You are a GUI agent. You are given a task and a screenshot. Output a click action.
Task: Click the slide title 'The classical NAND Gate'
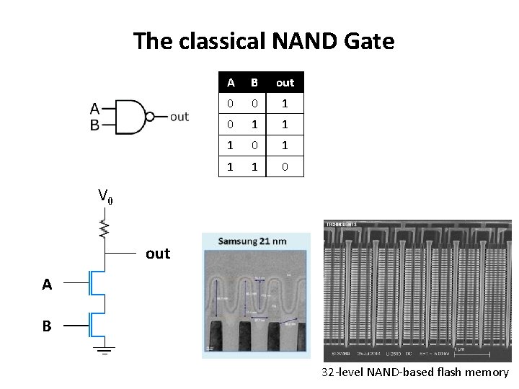264,41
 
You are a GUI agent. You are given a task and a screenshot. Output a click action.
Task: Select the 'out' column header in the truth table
285,82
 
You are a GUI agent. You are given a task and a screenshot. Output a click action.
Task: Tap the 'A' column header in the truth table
230,82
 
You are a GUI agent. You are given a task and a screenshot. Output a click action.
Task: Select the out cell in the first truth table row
285,103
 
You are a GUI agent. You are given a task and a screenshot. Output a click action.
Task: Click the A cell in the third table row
230,145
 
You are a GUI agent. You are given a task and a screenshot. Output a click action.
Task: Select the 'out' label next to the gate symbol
179,117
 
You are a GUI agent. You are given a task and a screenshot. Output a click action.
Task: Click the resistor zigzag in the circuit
105,229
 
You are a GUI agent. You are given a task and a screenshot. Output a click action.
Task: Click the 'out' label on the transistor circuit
158,254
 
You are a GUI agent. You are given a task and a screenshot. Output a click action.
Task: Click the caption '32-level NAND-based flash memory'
415,372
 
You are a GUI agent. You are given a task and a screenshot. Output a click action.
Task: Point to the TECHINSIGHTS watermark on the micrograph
342,224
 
